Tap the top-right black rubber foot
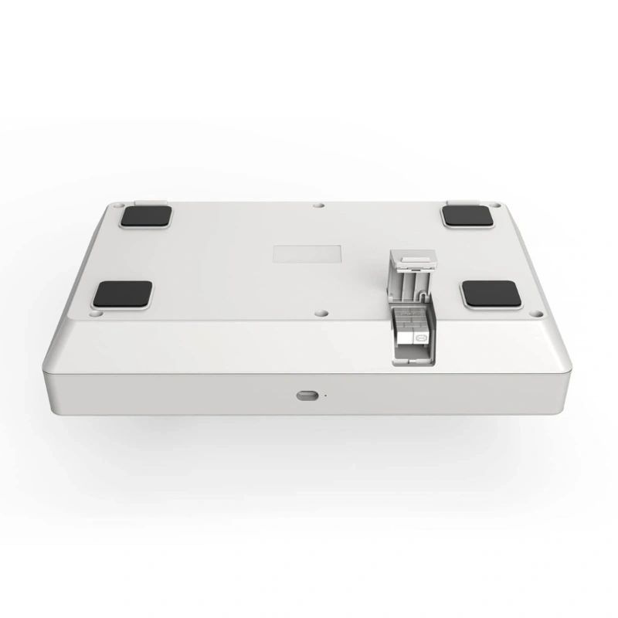468,216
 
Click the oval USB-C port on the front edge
308,395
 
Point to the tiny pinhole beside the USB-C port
325,396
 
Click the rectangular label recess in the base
308,256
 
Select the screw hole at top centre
318,205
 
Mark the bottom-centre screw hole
318,313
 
